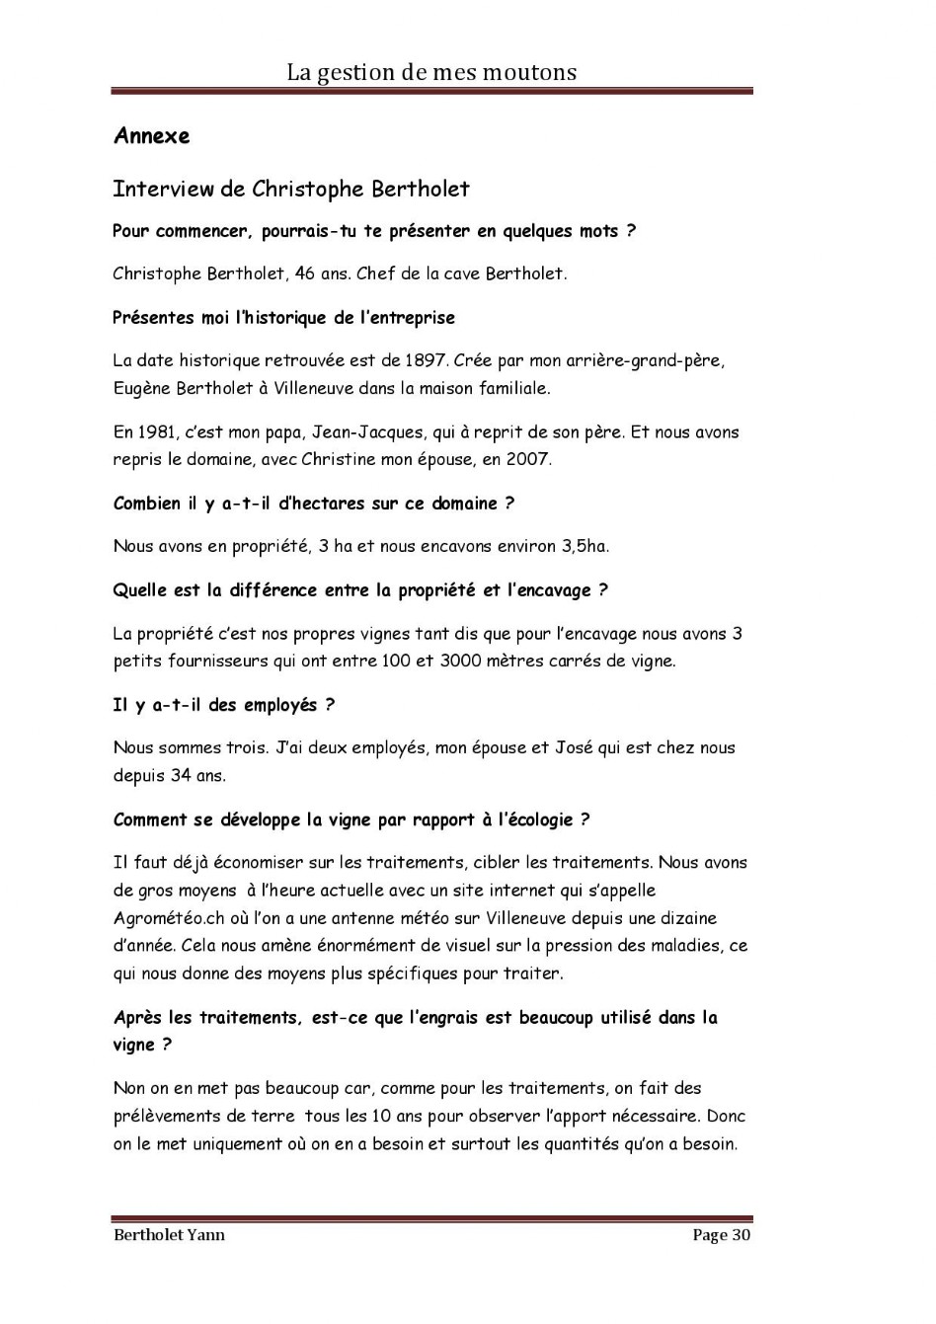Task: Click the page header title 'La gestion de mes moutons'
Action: (x=431, y=72)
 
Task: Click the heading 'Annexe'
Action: (x=151, y=136)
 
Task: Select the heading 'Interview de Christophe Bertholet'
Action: (x=291, y=189)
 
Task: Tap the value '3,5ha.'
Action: (x=585, y=546)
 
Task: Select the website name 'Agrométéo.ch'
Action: (x=163, y=918)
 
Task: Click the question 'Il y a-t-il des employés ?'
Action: (x=223, y=705)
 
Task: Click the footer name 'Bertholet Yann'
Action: (x=169, y=1235)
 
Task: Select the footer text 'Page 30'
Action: (x=722, y=1235)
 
